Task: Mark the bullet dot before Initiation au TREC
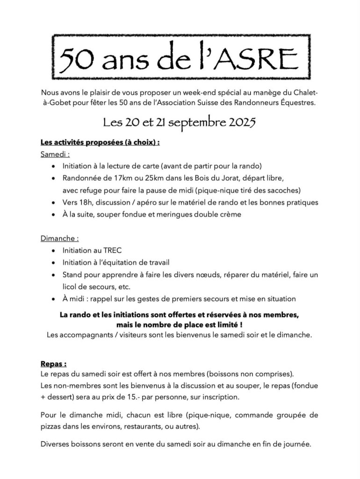55,251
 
